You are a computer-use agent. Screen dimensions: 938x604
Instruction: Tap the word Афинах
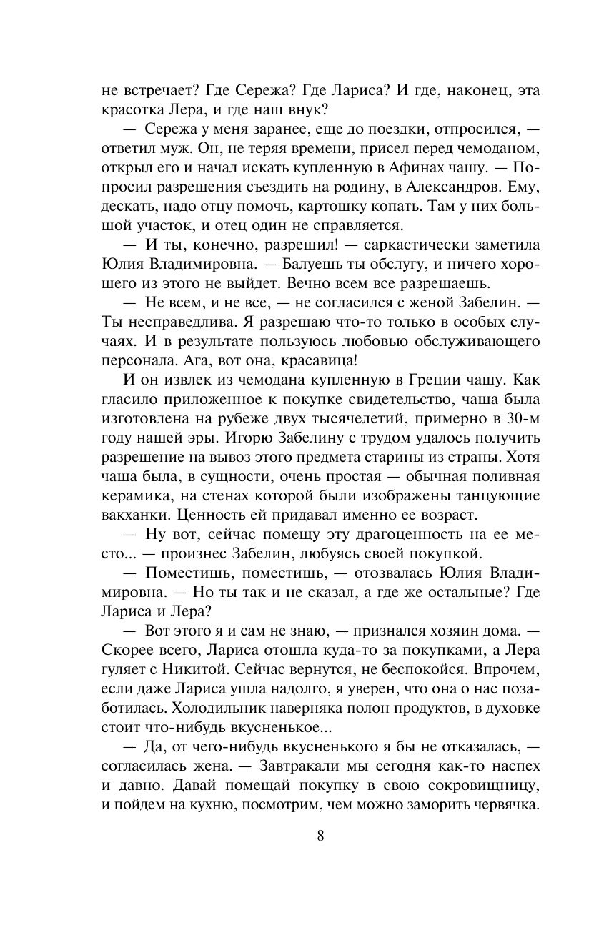[427, 169]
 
